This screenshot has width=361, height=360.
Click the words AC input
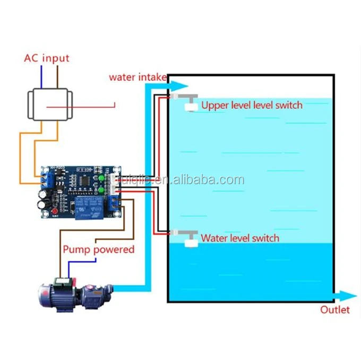click(x=47, y=58)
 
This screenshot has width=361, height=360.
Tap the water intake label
click(x=138, y=77)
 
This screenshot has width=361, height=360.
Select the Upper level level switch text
click(x=252, y=105)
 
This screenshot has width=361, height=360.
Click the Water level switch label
click(x=240, y=238)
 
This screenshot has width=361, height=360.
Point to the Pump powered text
click(x=99, y=249)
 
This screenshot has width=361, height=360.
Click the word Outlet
click(x=335, y=310)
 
